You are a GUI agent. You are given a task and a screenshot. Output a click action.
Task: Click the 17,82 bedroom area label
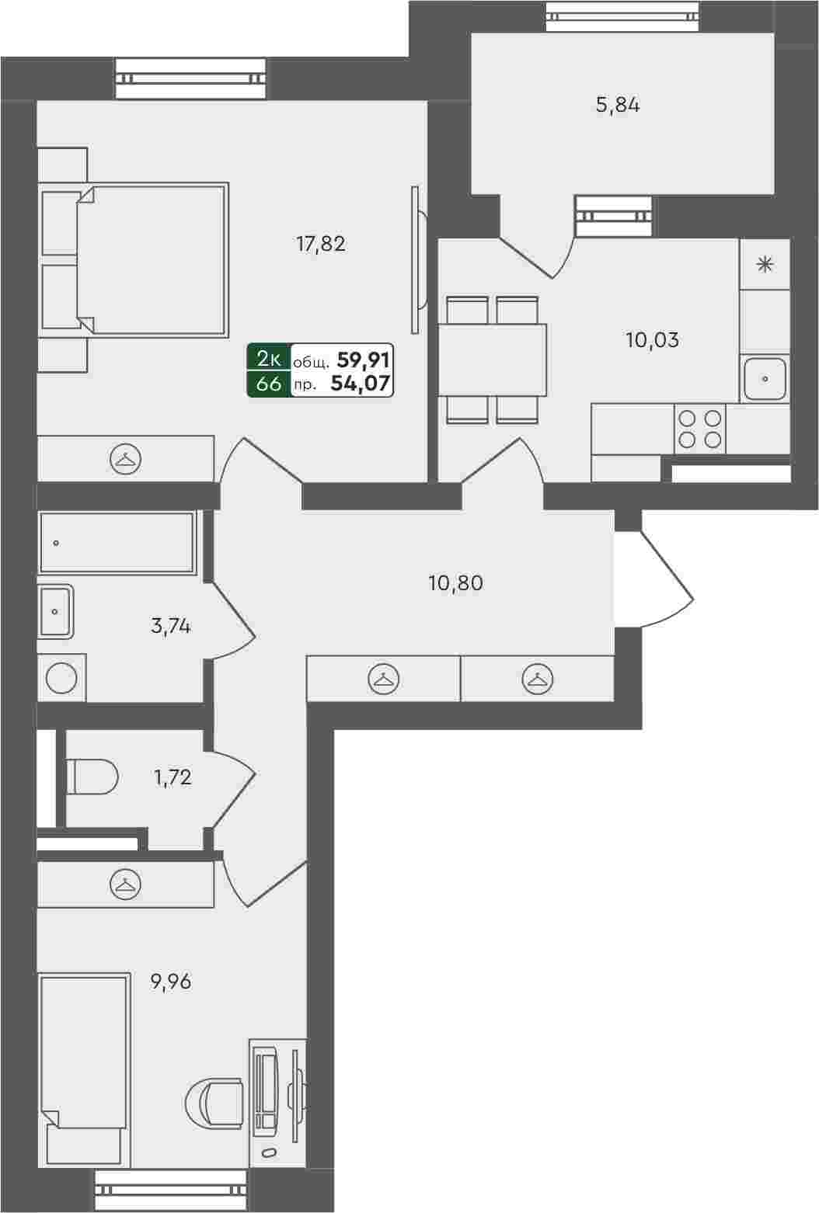tap(321, 244)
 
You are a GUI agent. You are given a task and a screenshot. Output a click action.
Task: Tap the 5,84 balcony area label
tap(618, 105)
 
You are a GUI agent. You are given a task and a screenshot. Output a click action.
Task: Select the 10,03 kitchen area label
tap(653, 340)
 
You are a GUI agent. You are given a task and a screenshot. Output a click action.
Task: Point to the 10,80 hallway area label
tap(456, 583)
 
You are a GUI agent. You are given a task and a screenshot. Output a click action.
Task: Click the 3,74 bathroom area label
tap(171, 627)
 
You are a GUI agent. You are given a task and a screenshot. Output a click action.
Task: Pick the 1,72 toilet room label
tap(173, 778)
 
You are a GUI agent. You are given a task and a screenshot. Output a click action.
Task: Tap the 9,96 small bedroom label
tap(171, 982)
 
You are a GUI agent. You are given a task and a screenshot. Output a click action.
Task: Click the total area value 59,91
tap(363, 359)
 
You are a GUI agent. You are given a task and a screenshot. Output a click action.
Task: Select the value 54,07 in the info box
tap(360, 384)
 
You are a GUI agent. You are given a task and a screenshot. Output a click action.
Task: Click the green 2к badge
tap(269, 358)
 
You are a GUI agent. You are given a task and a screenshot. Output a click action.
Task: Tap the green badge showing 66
tap(269, 384)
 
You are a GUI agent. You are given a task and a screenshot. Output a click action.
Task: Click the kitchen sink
tap(765, 379)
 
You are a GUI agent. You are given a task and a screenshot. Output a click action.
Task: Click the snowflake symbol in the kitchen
tap(765, 265)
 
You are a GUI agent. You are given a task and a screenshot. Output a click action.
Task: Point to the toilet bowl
tap(92, 777)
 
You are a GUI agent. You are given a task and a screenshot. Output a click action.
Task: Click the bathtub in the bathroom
tap(117, 543)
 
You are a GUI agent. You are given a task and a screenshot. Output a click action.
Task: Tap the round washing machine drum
tap(61, 678)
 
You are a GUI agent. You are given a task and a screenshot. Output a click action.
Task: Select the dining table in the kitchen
tap(492, 360)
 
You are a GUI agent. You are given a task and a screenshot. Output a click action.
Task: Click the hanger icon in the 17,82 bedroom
tap(126, 459)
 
